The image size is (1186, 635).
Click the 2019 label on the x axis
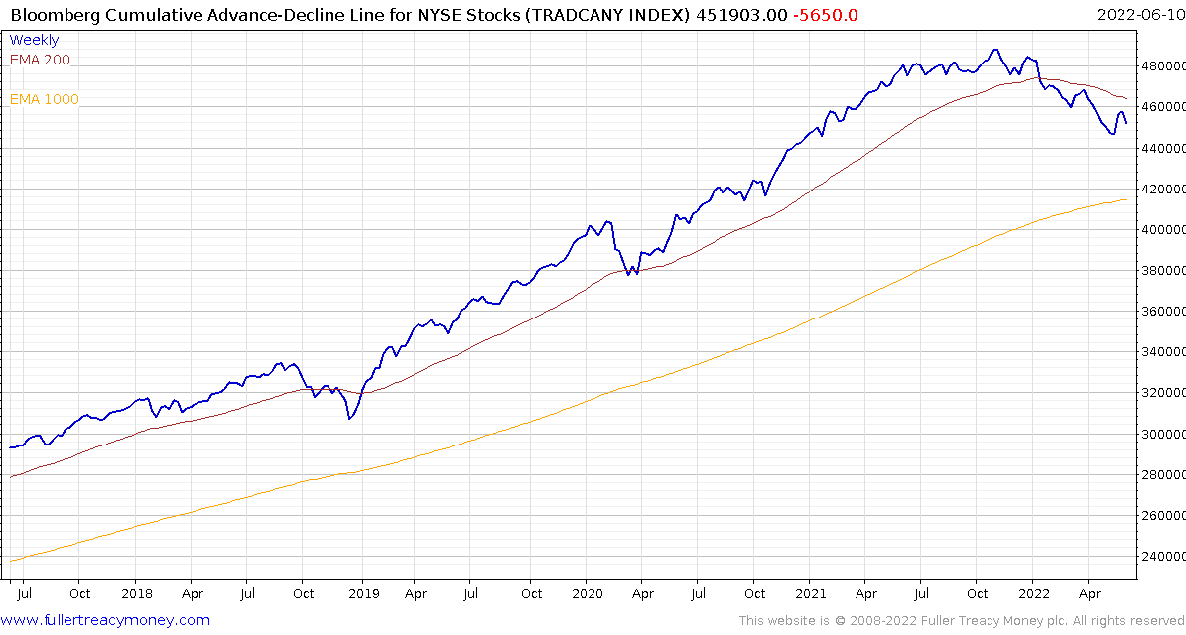coord(363,593)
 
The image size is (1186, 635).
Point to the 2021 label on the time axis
coord(810,593)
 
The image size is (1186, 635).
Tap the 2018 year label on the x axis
coord(137,593)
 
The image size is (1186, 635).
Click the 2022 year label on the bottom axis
coord(1033,593)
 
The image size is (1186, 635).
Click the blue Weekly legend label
coord(34,40)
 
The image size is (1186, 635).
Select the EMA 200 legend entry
coord(40,60)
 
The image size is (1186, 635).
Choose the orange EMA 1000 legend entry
coord(45,99)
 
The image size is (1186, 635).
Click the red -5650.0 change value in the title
coord(827,14)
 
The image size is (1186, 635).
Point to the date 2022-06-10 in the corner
coord(1137,14)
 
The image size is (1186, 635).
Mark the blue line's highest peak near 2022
coord(995,50)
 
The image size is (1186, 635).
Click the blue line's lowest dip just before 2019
coord(349,419)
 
